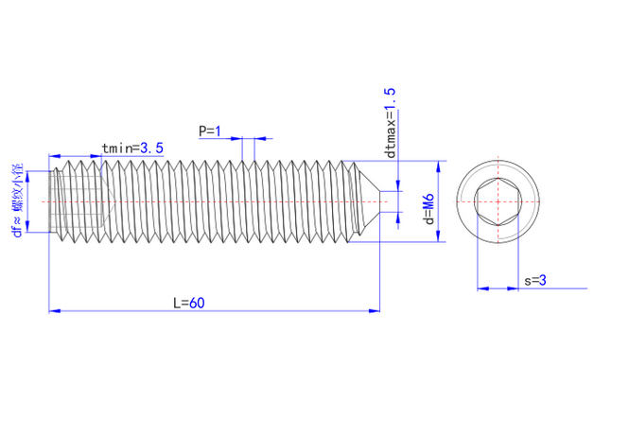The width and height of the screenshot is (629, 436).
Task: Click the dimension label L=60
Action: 188,303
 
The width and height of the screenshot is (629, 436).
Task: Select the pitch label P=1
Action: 209,131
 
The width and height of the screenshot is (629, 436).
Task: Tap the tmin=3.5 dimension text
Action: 132,148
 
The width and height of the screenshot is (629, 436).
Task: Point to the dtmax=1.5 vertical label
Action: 390,123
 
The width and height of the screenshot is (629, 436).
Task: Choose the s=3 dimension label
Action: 535,280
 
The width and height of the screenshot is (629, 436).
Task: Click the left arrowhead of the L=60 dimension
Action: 52,309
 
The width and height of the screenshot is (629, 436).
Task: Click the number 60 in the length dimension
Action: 196,303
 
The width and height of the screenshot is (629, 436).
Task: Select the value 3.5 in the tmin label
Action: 152,148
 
